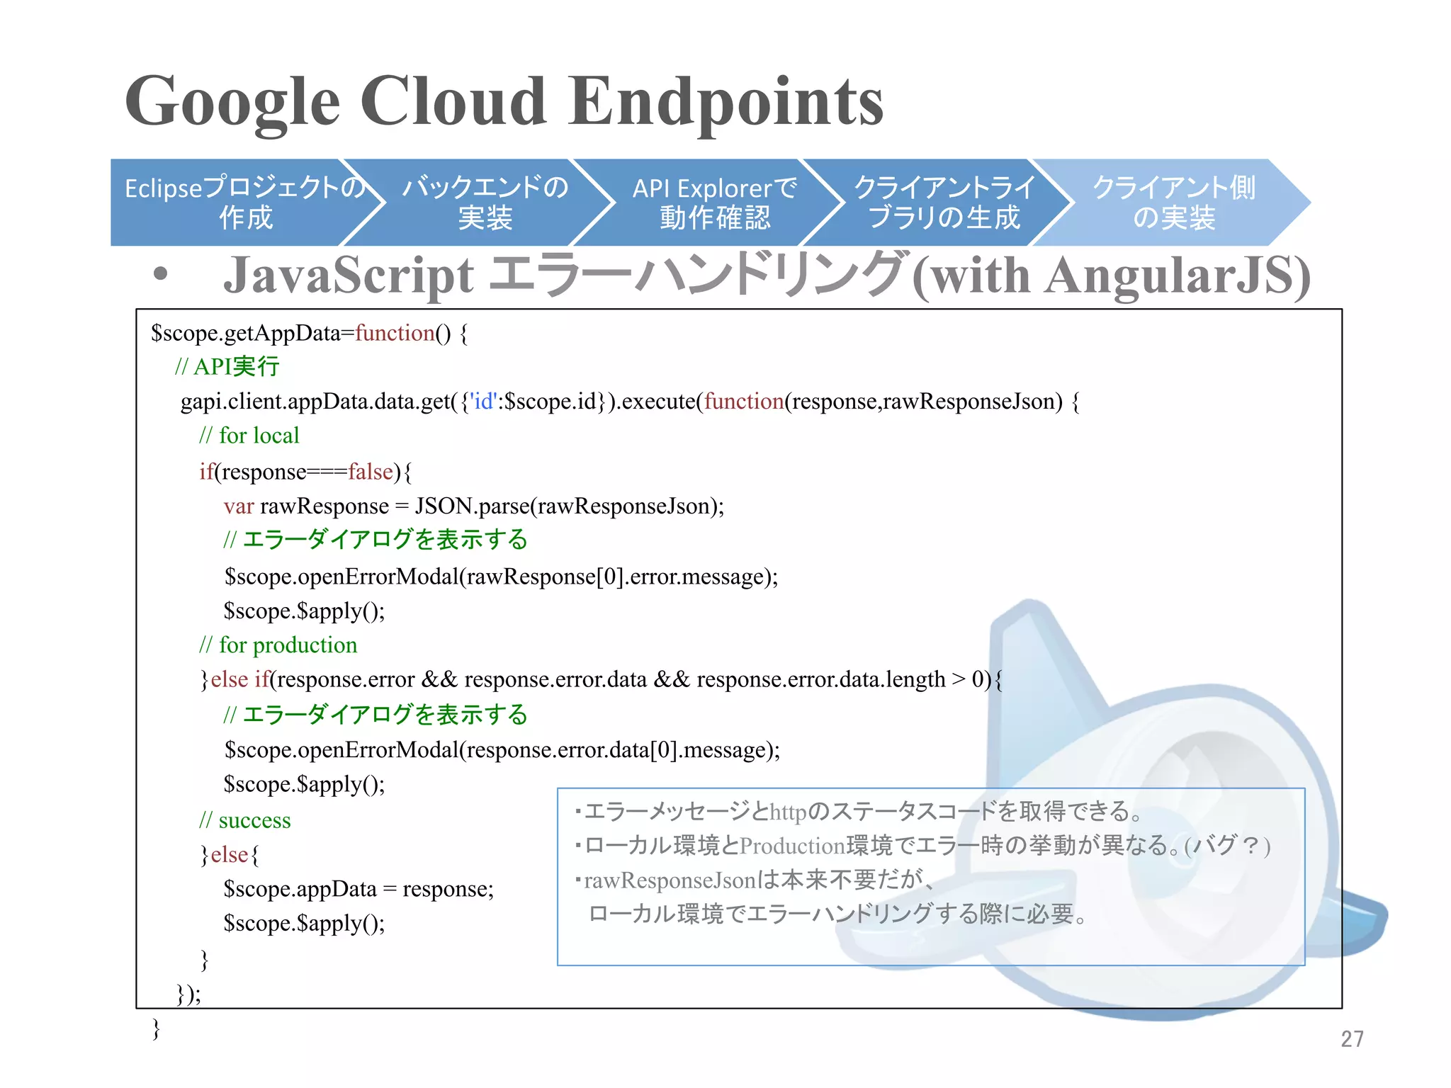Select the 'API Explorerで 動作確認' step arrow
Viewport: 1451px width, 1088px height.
(714, 203)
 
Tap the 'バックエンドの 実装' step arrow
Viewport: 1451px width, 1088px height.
(485, 203)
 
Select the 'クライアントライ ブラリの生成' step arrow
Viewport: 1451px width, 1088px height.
(944, 203)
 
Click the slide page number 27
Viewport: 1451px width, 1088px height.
(1352, 1038)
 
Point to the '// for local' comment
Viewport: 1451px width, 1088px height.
(249, 436)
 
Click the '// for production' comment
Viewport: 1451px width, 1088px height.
(278, 645)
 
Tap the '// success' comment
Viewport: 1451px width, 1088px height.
(245, 820)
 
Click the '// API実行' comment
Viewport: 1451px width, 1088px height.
(227, 367)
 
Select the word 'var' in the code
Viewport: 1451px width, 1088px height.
(239, 506)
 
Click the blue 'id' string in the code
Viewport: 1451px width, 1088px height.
(484, 402)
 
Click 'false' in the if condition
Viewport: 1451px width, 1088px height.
(370, 472)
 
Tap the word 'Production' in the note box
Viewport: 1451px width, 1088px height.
(792, 846)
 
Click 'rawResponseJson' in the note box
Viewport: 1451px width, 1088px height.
(670, 880)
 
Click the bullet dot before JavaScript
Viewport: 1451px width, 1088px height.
(161, 274)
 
